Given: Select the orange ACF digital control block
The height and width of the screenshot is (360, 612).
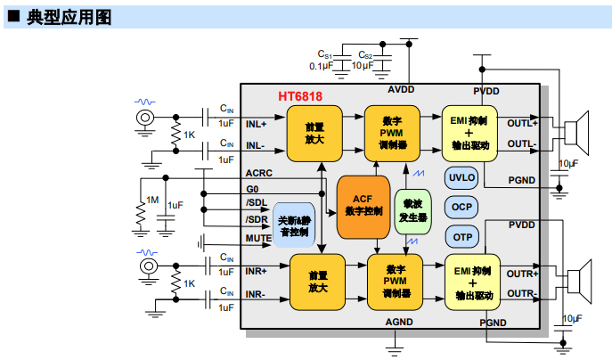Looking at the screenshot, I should tap(362, 206).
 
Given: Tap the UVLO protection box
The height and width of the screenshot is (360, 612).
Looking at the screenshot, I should tap(461, 177).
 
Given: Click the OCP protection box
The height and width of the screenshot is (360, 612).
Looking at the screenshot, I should tap(461, 207).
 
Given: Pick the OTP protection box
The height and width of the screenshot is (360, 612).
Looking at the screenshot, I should tap(461, 237).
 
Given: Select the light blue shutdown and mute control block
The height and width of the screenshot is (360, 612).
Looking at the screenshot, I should tap(293, 225).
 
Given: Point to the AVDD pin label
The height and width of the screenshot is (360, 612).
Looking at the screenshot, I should tap(401, 91).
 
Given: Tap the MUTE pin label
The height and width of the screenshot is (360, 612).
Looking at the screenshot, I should tap(258, 239).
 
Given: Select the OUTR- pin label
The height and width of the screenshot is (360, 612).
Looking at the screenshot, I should tap(522, 293).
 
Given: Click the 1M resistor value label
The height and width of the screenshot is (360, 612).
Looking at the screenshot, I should tap(152, 200).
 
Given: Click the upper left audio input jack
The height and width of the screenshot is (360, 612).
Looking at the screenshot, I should tap(143, 118).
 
